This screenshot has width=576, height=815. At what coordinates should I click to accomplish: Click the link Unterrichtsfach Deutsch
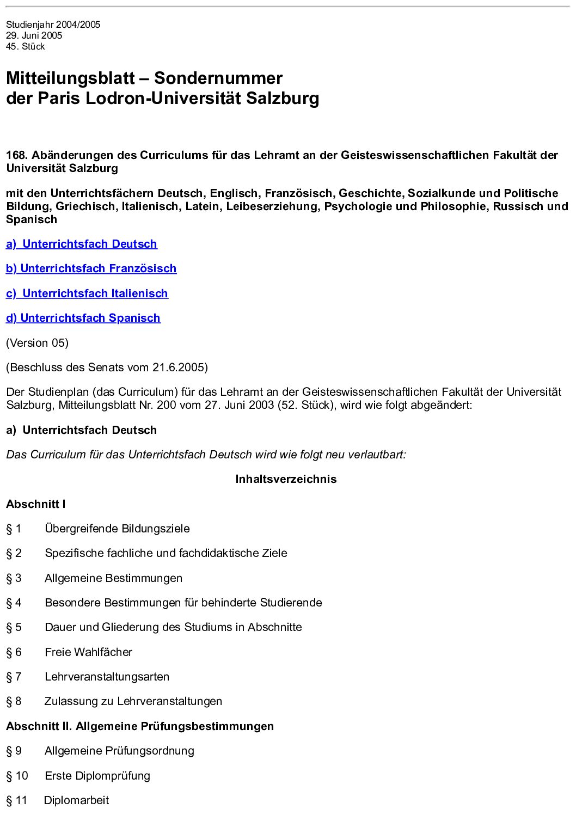(82, 244)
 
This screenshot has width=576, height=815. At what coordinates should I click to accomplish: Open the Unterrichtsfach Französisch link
(91, 268)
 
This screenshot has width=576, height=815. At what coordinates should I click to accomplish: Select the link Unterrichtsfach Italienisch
(87, 293)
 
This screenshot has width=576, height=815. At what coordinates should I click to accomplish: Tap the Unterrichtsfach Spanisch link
(83, 318)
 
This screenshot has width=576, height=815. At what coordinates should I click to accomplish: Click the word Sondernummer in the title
(218, 78)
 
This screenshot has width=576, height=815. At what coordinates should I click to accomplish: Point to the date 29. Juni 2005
(34, 35)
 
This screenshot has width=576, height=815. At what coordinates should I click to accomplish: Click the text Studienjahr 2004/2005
(53, 24)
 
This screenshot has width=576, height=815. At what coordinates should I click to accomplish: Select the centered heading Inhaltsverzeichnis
(286, 479)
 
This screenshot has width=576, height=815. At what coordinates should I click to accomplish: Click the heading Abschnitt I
(36, 504)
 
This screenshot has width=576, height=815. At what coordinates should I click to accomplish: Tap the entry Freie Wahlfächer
(88, 652)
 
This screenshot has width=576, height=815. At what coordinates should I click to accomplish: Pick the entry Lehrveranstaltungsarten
(107, 677)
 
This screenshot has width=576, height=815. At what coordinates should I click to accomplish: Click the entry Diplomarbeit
(76, 800)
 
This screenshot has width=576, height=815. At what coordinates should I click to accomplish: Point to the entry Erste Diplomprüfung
(97, 776)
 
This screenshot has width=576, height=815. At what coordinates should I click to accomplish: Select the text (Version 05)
(38, 343)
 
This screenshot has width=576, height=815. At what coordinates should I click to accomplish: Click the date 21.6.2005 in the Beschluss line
(178, 367)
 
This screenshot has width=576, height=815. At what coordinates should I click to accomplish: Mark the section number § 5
(14, 627)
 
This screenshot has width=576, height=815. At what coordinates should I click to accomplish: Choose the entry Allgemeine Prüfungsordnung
(119, 751)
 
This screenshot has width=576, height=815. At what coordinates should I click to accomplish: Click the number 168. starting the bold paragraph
(17, 155)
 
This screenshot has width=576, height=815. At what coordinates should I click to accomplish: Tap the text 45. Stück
(26, 46)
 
